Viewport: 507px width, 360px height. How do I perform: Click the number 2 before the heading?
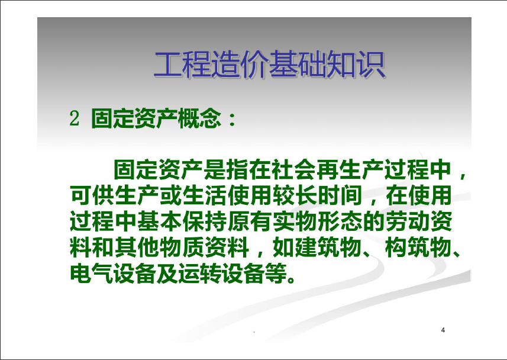click(x=75, y=118)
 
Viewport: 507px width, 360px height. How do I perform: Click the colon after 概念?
click(x=232, y=119)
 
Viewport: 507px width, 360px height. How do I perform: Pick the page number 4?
click(x=443, y=330)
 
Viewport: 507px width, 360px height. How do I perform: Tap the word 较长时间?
click(x=318, y=195)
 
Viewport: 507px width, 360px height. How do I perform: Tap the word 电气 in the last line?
click(x=92, y=274)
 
